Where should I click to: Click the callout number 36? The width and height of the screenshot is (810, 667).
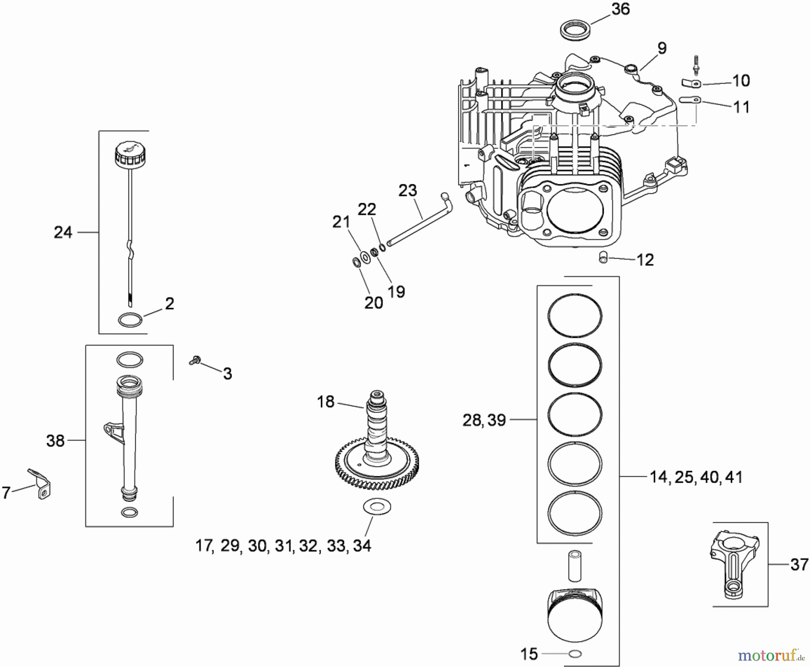pyautogui.click(x=620, y=9)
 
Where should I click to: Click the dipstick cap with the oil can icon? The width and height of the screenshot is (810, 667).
pyautogui.click(x=130, y=154)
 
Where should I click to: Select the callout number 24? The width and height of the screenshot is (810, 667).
pyautogui.click(x=63, y=232)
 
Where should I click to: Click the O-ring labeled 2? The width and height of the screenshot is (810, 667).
pyautogui.click(x=130, y=320)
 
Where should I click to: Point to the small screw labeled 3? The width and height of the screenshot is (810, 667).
pyautogui.click(x=195, y=360)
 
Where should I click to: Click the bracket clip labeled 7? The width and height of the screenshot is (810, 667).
pyautogui.click(x=41, y=484)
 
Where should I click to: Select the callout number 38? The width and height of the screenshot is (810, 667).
pyautogui.click(x=55, y=441)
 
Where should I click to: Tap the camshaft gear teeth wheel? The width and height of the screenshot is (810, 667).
pyautogui.click(x=377, y=468)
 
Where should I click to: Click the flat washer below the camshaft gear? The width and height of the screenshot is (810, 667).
pyautogui.click(x=377, y=507)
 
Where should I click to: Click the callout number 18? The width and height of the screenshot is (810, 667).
pyautogui.click(x=325, y=401)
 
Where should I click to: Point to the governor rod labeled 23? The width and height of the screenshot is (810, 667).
pyautogui.click(x=418, y=221)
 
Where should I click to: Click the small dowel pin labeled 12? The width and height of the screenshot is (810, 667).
pyautogui.click(x=603, y=257)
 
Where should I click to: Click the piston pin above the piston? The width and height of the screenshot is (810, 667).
pyautogui.click(x=575, y=565)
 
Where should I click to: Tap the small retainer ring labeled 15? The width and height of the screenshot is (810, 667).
pyautogui.click(x=575, y=654)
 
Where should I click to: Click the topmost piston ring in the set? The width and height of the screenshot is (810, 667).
pyautogui.click(x=575, y=315)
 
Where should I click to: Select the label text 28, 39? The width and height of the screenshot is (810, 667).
pyautogui.click(x=484, y=420)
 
